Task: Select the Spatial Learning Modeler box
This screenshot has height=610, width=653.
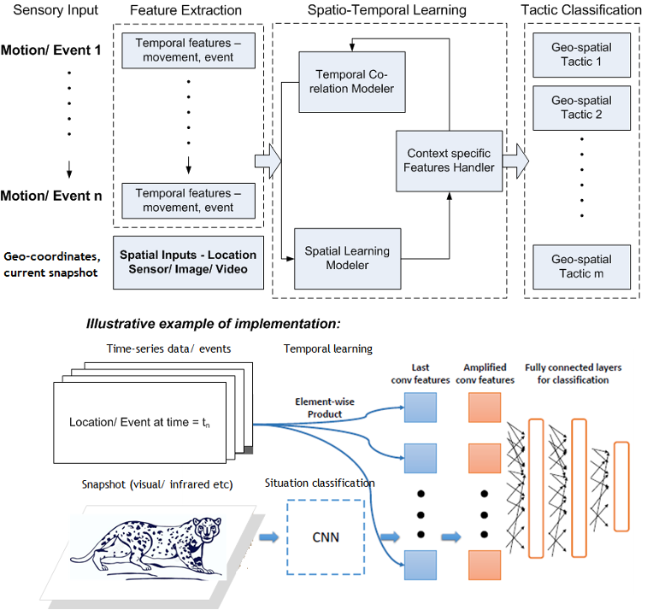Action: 347,258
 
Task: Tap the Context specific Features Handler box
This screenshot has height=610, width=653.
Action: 450,160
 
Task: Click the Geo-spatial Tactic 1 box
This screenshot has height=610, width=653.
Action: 581,56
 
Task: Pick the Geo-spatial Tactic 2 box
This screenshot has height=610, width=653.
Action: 581,108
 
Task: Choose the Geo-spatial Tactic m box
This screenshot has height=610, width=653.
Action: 581,267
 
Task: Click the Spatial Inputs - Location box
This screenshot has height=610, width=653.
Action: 187,261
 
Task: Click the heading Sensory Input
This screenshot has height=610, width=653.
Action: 56,10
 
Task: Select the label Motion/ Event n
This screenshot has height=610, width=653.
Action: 50,196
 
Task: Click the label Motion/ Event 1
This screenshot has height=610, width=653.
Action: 50,50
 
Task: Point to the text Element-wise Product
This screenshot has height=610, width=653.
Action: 319,408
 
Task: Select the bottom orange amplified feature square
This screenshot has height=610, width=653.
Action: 485,565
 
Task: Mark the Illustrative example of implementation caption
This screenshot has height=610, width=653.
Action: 213,324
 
